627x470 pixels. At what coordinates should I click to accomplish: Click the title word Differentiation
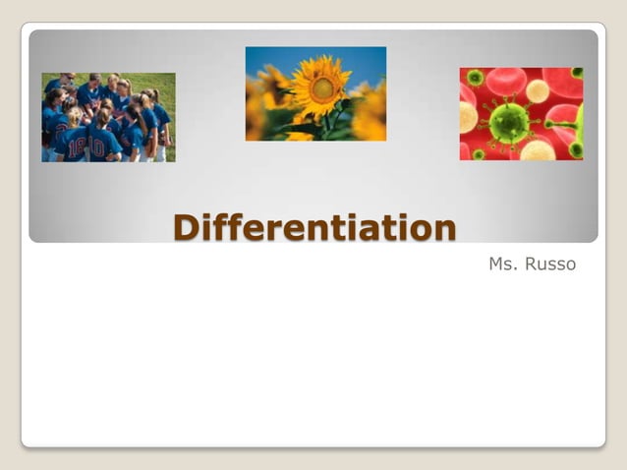314,227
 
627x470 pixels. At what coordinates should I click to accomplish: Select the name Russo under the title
553,264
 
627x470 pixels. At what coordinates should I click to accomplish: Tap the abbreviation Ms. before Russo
505,264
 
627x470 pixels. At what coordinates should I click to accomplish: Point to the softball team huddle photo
108,117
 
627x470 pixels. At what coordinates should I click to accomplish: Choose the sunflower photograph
315,93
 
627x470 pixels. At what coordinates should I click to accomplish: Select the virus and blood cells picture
521,113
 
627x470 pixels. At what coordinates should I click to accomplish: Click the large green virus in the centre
509,122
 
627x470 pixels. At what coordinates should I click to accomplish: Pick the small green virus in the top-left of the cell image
475,77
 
